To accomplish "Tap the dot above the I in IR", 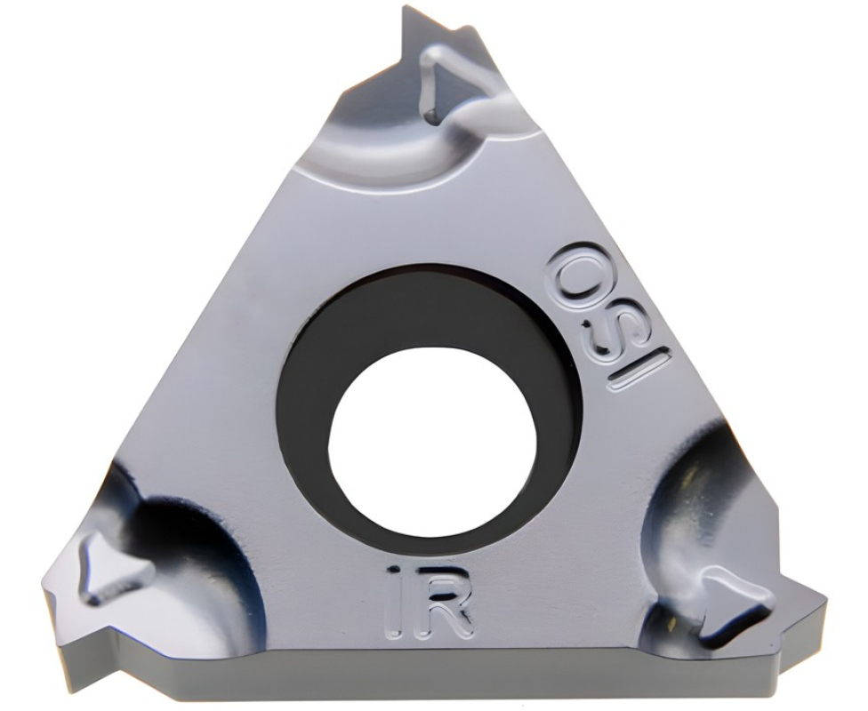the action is click(x=394, y=570).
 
